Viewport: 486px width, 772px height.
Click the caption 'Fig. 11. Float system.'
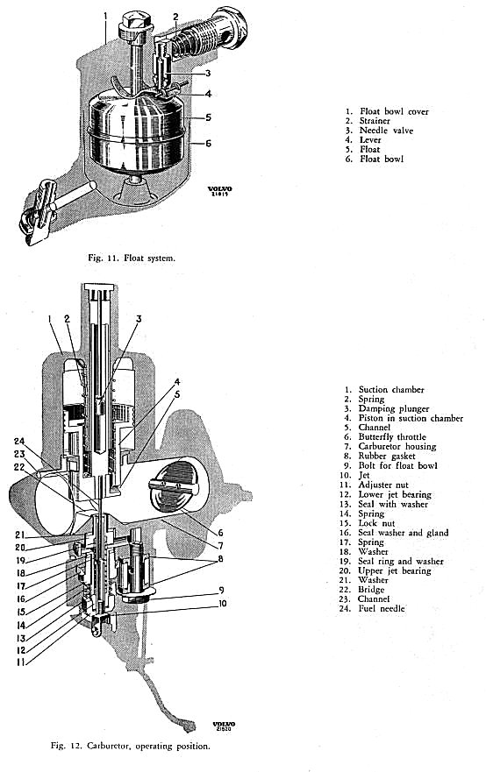(132, 258)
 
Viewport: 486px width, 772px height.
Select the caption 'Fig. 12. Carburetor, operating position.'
(131, 746)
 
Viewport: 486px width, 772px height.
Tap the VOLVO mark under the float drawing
(220, 190)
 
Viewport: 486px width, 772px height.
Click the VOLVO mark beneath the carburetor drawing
(224, 726)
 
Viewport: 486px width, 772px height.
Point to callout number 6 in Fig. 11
(208, 144)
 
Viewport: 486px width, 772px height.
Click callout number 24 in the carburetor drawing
(19, 442)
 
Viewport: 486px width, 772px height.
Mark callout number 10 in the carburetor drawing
(223, 603)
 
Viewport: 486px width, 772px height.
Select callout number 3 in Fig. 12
(139, 319)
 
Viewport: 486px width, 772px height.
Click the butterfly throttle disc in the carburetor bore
(174, 486)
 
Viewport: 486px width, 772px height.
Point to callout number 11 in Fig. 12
(20, 662)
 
